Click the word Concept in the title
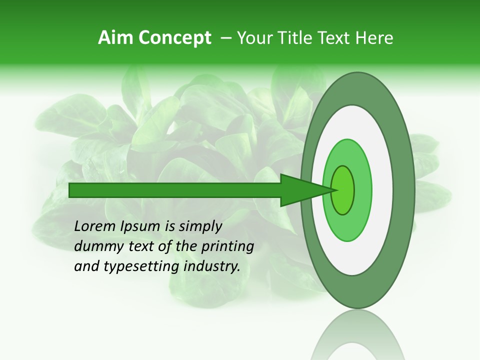click(x=175, y=38)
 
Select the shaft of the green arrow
click(x=175, y=190)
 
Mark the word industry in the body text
click(x=212, y=266)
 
